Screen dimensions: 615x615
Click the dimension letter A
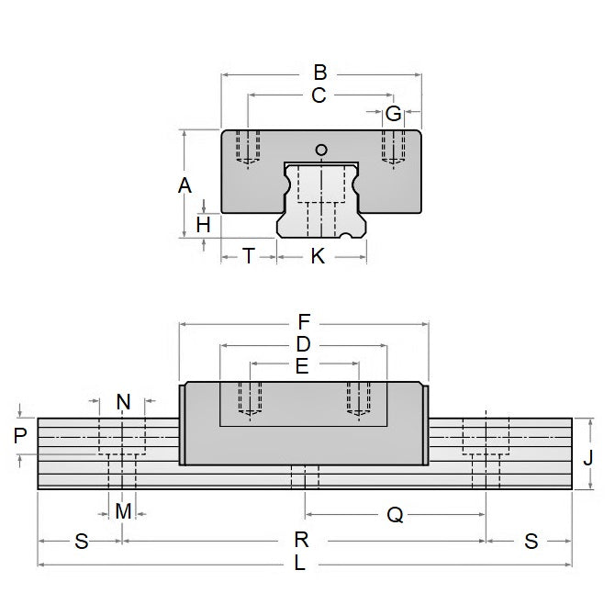pyautogui.click(x=184, y=185)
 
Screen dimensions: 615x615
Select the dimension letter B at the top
pyautogui.click(x=320, y=72)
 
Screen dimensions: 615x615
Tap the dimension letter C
pyautogui.click(x=319, y=95)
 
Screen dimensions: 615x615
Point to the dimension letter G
pyautogui.click(x=393, y=114)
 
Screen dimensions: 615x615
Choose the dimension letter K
pyautogui.click(x=318, y=256)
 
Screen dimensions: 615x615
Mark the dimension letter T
pyautogui.click(x=248, y=256)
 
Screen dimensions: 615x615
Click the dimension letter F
pyautogui.click(x=305, y=322)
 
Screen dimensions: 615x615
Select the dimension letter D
pyautogui.click(x=304, y=344)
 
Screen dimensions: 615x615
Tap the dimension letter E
pyautogui.click(x=302, y=366)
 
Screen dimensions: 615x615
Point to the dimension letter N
pyautogui.click(x=123, y=401)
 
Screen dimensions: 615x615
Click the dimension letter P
pyautogui.click(x=21, y=435)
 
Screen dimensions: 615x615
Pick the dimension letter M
pyautogui.click(x=123, y=509)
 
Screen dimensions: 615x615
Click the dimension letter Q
pyautogui.click(x=395, y=515)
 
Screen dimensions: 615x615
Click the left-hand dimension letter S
pyautogui.click(x=81, y=541)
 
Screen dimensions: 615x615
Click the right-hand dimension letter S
pyautogui.click(x=530, y=541)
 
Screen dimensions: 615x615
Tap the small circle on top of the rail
pyautogui.click(x=320, y=151)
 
